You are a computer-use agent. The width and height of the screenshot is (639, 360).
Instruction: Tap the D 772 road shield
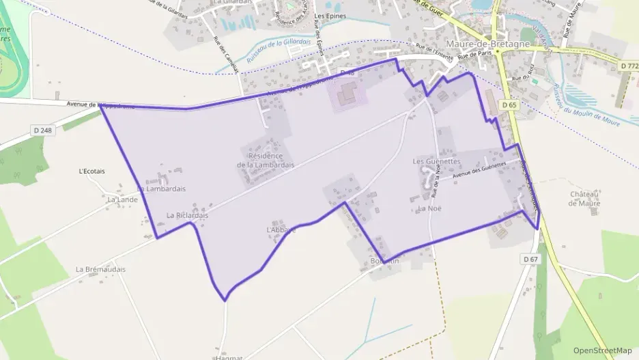(629, 66)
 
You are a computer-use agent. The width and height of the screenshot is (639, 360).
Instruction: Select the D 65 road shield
(509, 105)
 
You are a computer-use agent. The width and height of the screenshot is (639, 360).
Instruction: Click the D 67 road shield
(531, 260)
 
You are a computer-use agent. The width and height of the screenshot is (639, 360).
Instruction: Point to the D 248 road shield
(42, 129)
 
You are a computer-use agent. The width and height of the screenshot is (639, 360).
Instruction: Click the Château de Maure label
(584, 198)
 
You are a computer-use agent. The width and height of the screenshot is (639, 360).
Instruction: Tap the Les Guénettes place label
(437, 162)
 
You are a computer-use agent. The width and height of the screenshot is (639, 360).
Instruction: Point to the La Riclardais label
(187, 214)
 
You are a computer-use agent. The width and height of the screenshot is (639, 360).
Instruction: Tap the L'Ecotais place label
(92, 171)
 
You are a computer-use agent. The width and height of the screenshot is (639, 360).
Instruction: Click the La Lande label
(122, 199)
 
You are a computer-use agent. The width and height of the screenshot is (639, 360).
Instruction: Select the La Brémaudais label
(100, 269)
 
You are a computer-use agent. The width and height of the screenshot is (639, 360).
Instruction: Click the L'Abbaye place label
(281, 230)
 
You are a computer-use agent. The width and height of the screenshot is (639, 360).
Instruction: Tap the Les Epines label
(330, 16)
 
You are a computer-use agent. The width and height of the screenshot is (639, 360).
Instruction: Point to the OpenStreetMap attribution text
(603, 350)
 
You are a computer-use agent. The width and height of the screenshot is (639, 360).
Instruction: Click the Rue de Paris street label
(475, 55)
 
